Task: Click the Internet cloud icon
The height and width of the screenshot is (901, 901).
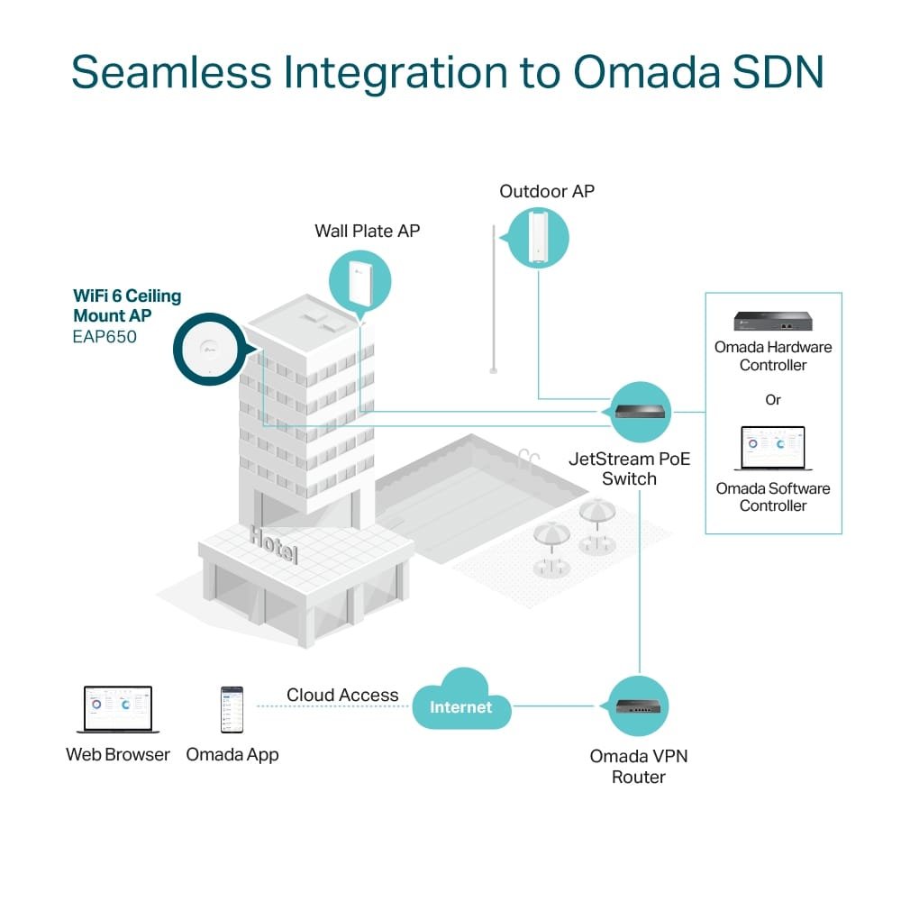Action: [x=461, y=702]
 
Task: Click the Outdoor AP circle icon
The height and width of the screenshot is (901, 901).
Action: [x=538, y=237]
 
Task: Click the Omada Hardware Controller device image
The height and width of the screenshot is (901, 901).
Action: [x=772, y=322]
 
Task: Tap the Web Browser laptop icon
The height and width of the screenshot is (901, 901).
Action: [x=117, y=710]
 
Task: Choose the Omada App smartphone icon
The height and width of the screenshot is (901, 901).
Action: [x=232, y=710]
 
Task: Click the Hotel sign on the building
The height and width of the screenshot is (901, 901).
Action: [x=273, y=544]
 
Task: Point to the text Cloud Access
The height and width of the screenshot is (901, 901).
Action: [x=342, y=695]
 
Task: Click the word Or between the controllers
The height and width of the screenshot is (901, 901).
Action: [x=773, y=399]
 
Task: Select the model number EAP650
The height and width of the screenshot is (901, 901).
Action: [x=105, y=338]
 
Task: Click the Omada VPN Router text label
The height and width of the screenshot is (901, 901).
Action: [x=639, y=766]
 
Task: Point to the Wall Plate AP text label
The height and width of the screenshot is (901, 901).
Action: [x=367, y=231]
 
